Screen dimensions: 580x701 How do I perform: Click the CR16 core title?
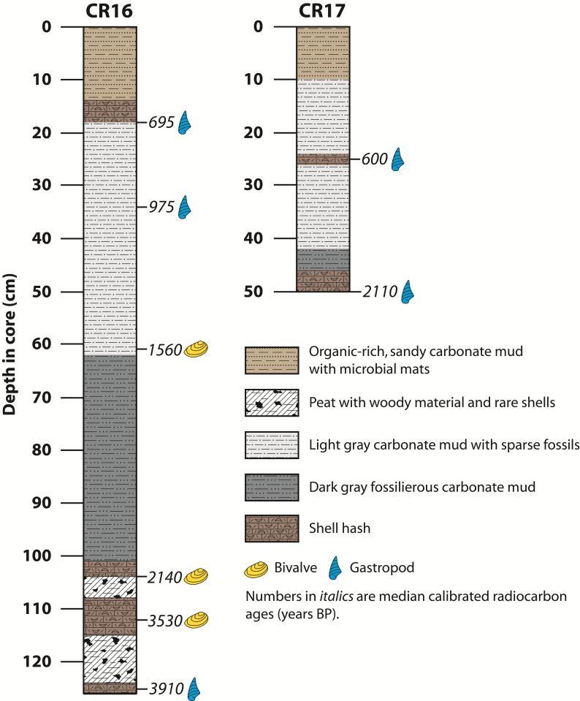click(x=110, y=10)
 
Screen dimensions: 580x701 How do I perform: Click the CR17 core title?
click(x=323, y=10)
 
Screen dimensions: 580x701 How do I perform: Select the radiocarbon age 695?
click(x=161, y=123)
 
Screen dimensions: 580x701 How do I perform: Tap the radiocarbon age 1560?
click(x=164, y=349)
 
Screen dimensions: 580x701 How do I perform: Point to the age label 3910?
click(x=167, y=688)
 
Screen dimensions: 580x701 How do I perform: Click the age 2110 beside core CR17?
click(x=380, y=292)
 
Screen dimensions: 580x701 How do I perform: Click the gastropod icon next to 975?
click(x=186, y=208)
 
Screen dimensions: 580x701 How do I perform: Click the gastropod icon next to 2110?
click(x=408, y=292)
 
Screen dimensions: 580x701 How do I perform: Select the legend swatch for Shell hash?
click(x=271, y=528)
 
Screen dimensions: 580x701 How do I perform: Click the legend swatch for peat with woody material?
click(x=271, y=402)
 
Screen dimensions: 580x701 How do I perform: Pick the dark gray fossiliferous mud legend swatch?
click(x=271, y=486)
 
